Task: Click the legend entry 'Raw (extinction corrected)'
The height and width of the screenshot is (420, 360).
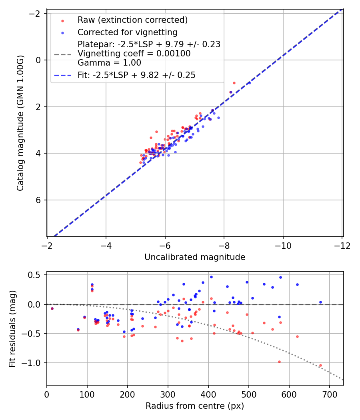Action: (132, 20)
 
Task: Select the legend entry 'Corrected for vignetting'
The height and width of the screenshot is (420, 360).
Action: (127, 32)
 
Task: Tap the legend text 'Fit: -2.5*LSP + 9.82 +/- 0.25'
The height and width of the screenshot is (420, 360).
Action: (136, 75)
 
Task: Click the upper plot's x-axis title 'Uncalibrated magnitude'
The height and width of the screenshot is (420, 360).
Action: (195, 257)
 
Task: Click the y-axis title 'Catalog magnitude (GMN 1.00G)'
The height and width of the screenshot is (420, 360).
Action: (20, 123)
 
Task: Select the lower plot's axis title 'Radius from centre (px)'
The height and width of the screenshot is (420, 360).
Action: (195, 406)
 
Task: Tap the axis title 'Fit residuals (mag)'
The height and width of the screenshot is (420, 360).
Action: (12, 329)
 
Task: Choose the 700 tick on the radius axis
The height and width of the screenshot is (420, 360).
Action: (329, 394)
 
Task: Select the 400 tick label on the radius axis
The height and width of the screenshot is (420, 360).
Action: (208, 394)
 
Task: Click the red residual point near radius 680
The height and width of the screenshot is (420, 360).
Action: (320, 365)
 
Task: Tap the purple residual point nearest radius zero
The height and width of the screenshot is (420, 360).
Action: (52, 308)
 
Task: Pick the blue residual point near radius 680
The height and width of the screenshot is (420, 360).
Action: (320, 302)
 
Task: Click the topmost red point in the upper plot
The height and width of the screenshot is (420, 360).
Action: (234, 83)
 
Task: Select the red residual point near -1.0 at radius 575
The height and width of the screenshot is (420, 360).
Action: (279, 362)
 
